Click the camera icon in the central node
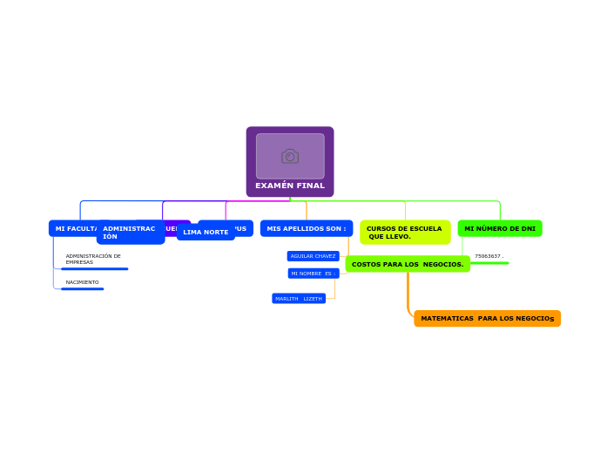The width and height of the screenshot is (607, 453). [290, 156]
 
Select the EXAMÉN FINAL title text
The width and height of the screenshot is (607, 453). [290, 186]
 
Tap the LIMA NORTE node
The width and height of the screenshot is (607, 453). [206, 233]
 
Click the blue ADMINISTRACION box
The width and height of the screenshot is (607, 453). [130, 233]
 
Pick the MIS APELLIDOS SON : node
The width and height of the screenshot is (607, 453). [307, 228]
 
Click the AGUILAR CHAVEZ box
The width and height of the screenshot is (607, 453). [313, 256]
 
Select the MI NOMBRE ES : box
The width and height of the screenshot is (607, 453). [313, 274]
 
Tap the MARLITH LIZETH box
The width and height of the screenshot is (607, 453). [299, 299]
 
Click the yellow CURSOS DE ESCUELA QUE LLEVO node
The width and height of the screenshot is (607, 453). [405, 233]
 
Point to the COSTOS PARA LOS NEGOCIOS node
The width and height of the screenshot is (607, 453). [408, 264]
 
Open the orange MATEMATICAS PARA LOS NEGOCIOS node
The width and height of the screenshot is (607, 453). [487, 319]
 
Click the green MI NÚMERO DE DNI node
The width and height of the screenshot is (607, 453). [500, 228]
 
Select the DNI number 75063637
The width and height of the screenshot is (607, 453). [489, 256]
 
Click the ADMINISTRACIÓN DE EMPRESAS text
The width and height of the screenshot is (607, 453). [93, 259]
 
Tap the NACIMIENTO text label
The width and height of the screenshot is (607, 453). [82, 282]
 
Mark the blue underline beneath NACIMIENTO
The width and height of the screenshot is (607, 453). [82, 288]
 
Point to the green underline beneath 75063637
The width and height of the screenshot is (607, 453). [489, 262]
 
